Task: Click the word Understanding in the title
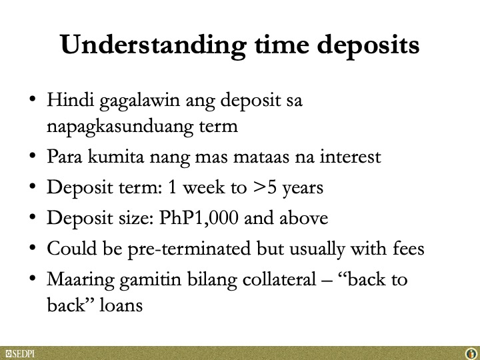pyautogui.click(x=153, y=45)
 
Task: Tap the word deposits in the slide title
pyautogui.click(x=368, y=45)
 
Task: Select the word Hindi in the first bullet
pyautogui.click(x=70, y=100)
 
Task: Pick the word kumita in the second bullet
pyautogui.click(x=116, y=156)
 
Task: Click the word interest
pyautogui.click(x=350, y=157)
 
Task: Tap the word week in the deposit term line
pyautogui.click(x=204, y=187)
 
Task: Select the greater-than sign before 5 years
pyautogui.click(x=260, y=187)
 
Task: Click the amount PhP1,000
pyautogui.click(x=199, y=218)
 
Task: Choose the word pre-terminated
pyautogui.click(x=189, y=249)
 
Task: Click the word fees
pyautogui.click(x=409, y=248)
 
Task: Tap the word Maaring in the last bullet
pyautogui.click(x=81, y=280)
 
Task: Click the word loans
pyautogui.click(x=121, y=305)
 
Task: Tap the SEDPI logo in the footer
pyautogui.click(x=20, y=354)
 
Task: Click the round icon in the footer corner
pyautogui.click(x=472, y=354)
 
